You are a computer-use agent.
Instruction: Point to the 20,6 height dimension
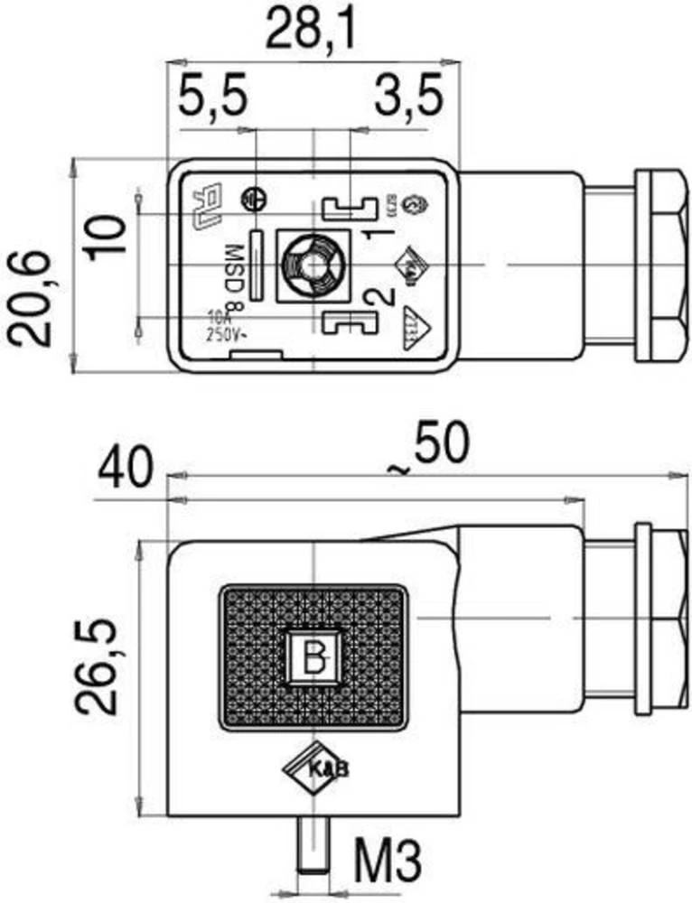tap(33, 298)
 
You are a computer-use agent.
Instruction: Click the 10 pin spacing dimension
tap(107, 237)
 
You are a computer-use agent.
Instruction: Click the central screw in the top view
tap(311, 265)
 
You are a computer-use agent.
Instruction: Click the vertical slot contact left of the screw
tap(257, 265)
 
